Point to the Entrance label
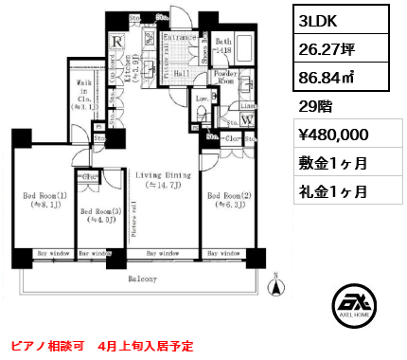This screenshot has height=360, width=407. (x=180, y=38)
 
